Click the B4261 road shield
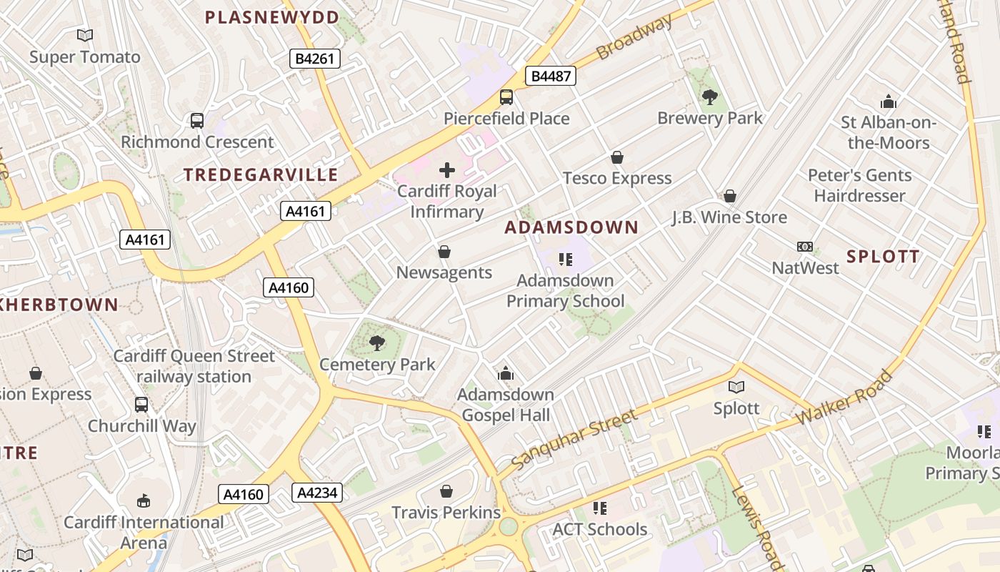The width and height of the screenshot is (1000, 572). coord(314,59)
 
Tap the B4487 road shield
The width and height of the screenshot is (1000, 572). coord(551,75)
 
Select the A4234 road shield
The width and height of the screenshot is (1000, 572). coord(317,492)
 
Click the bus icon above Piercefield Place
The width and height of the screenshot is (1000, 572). coord(506,97)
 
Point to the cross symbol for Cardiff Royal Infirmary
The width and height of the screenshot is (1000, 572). coord(447,170)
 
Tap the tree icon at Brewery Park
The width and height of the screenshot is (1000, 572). coord(709,97)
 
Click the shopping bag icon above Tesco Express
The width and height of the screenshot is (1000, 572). coord(617,157)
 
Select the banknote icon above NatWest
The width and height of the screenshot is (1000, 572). coord(805,247)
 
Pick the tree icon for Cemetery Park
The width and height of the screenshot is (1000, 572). coord(377,344)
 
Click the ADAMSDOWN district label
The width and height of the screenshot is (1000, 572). coord(571,227)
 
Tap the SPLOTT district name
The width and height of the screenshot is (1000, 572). coord(883,256)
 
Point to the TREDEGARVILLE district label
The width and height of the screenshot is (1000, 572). coord(261,174)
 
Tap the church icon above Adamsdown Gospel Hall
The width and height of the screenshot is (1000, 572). coord(506,373)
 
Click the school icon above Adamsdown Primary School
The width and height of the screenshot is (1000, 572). coord(566,259)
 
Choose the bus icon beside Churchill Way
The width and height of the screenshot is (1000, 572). coord(141,405)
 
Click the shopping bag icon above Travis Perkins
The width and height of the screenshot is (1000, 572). coord(446,491)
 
